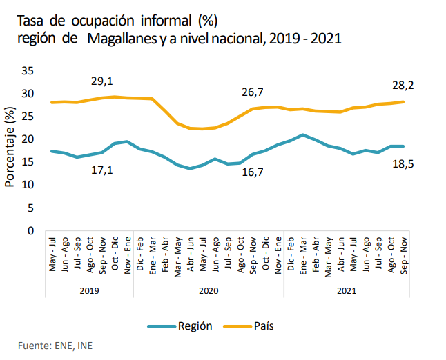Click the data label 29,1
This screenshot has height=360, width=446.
102,81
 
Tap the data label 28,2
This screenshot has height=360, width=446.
403,85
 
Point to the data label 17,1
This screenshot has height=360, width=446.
102,170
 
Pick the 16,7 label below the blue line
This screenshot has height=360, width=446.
253,172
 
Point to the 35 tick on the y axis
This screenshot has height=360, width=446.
28,70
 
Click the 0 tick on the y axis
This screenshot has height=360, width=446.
31,230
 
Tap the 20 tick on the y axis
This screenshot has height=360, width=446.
28,139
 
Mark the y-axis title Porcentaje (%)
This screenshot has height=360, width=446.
10,148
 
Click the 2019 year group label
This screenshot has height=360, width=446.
89,291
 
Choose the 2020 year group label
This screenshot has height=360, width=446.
209,291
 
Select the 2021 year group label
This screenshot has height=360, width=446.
347,291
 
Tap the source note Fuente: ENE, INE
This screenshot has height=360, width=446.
55,345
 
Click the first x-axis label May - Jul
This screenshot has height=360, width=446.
53,253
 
